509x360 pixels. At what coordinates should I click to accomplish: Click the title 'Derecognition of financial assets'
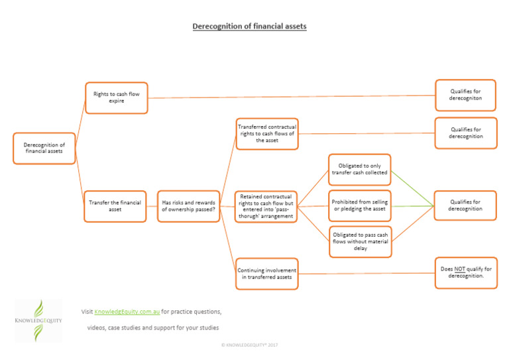coord(249,27)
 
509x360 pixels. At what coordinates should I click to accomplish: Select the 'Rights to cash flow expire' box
coord(116,98)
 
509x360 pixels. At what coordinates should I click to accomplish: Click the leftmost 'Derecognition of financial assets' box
coord(44,148)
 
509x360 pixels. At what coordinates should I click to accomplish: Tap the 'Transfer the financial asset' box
coord(115,206)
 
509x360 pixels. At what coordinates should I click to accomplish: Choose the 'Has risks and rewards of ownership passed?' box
coord(188,206)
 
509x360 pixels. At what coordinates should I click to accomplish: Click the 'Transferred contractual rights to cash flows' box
coord(266,133)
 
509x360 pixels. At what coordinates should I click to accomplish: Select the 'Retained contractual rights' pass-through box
coord(266,206)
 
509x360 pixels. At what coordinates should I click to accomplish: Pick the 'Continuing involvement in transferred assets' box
coord(266,274)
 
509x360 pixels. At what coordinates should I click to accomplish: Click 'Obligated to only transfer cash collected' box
coord(359,170)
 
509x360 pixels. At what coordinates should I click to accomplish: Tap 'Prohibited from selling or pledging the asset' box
coord(359,206)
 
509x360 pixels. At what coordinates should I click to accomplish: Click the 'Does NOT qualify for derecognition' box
coord(465,272)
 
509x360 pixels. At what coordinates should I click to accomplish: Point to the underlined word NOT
coord(460,269)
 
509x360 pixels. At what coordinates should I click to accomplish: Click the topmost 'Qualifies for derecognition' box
coord(465,95)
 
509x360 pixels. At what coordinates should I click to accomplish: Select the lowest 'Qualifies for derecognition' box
coord(465,206)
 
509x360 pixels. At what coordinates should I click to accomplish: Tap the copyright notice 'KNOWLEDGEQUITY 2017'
coord(250,345)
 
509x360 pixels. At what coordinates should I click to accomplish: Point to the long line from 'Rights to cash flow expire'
coord(292,97)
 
